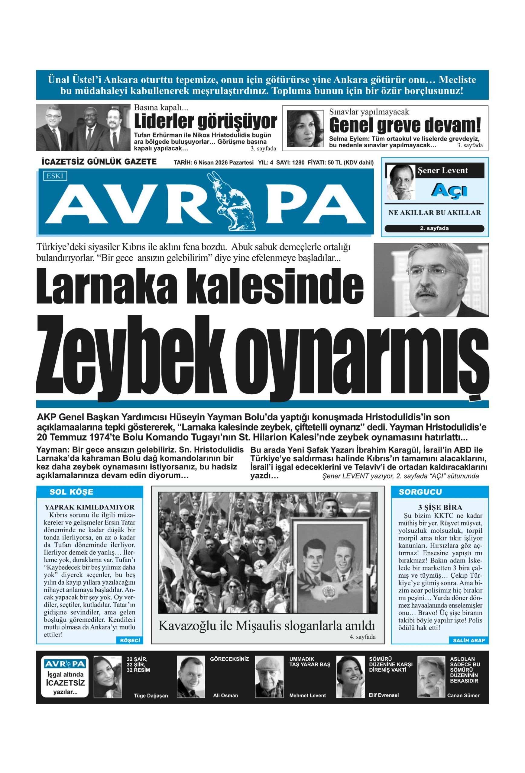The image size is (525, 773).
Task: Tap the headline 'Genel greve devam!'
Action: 404,125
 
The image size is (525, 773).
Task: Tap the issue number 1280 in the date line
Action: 298,163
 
